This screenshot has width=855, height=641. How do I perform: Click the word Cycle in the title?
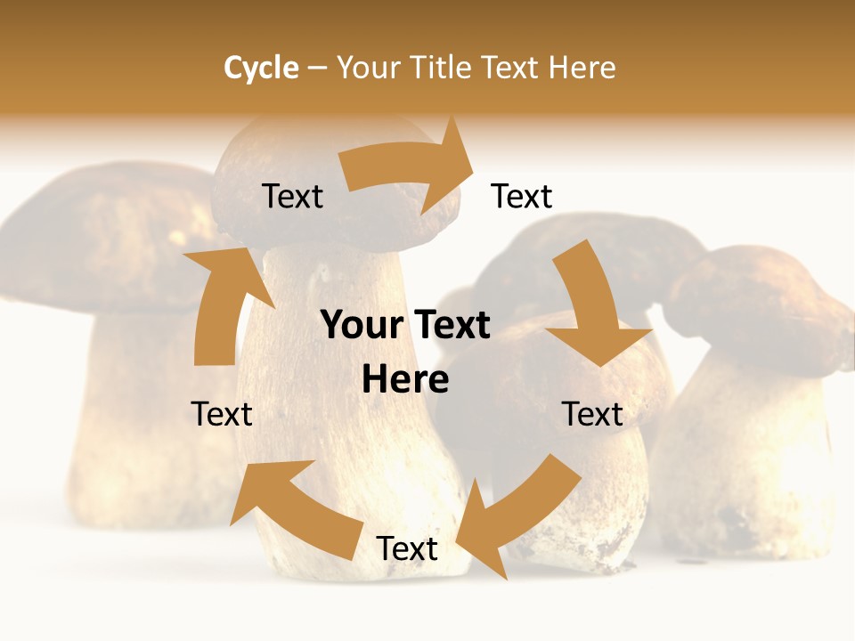(x=261, y=68)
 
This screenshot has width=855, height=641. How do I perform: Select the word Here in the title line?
(x=582, y=68)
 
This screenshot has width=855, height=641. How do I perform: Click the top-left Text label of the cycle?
(x=292, y=197)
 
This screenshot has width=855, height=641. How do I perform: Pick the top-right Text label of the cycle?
(x=522, y=197)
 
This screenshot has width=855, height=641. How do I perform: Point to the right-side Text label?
(x=592, y=414)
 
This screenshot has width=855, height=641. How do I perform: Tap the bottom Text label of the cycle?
(x=407, y=549)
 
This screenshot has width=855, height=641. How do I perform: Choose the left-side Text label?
(x=222, y=414)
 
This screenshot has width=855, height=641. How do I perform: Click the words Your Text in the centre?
(x=405, y=326)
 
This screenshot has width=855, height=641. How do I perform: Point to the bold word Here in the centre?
(x=405, y=380)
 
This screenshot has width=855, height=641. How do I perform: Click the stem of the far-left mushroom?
(x=134, y=427)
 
